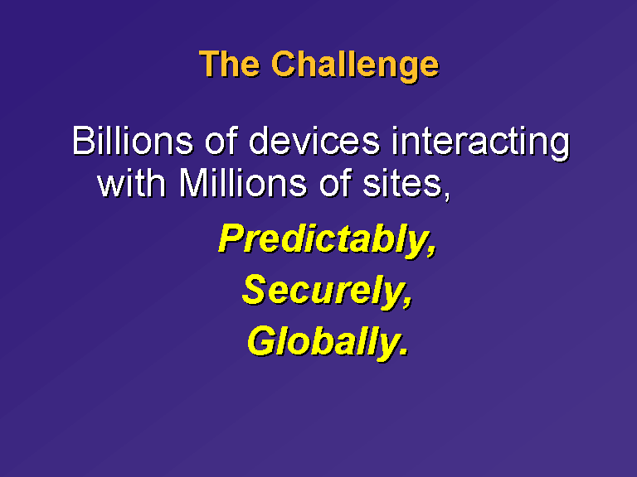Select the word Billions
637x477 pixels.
click(x=133, y=140)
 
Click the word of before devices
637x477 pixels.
click(x=221, y=140)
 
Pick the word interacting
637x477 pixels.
click(x=481, y=143)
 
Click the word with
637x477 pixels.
click(x=131, y=182)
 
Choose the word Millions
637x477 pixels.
click(x=242, y=182)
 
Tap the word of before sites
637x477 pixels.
click(x=335, y=182)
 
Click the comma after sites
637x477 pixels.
click(x=446, y=195)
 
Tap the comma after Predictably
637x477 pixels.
click(x=432, y=251)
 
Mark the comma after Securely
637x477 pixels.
click(x=408, y=301)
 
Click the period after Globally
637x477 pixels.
click(x=403, y=351)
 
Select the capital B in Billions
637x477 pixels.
click(x=83, y=140)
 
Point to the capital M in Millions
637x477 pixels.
click(x=193, y=183)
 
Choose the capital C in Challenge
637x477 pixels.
click(x=284, y=64)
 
